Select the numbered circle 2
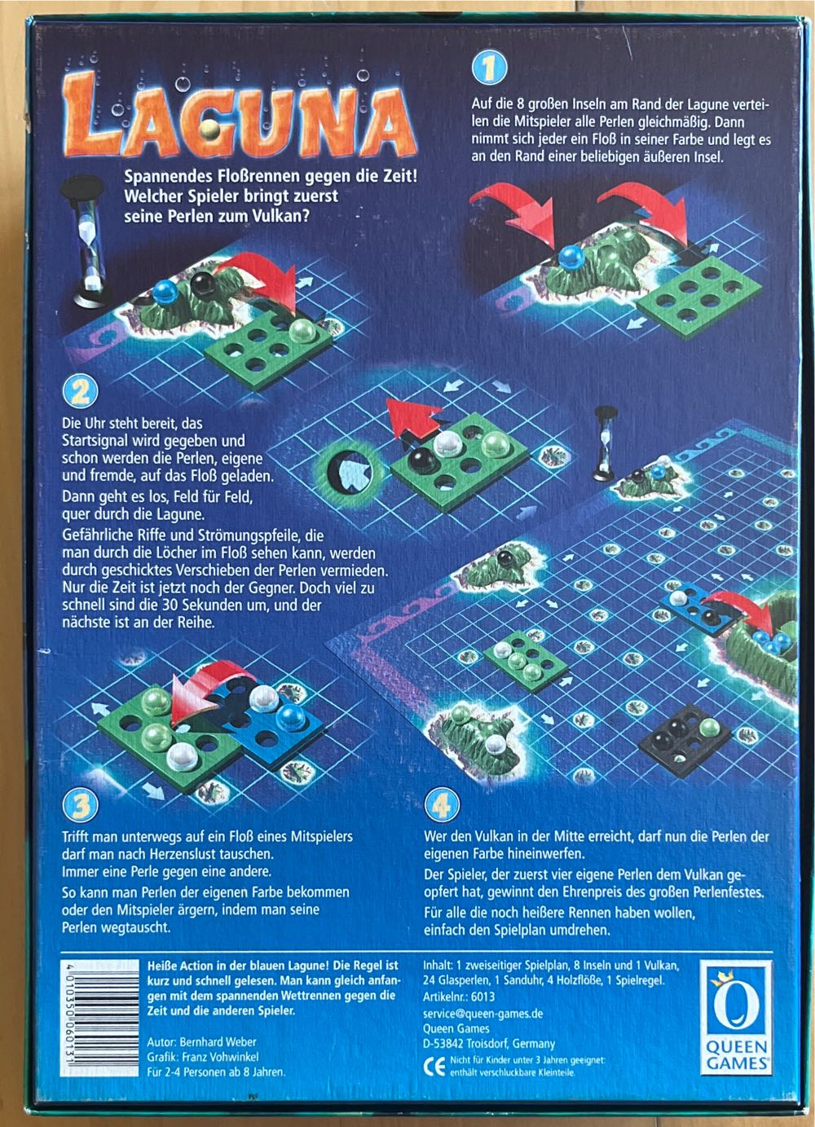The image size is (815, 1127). pyautogui.click(x=80, y=394)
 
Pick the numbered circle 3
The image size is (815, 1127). pyautogui.click(x=80, y=805)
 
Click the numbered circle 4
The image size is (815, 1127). pyautogui.click(x=441, y=805)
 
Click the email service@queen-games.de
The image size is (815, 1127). pyautogui.click(x=482, y=1013)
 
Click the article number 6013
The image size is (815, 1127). pyautogui.click(x=482, y=995)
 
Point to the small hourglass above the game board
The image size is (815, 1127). pyautogui.click(x=605, y=443)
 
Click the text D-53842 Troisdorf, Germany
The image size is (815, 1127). pyautogui.click(x=489, y=1043)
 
